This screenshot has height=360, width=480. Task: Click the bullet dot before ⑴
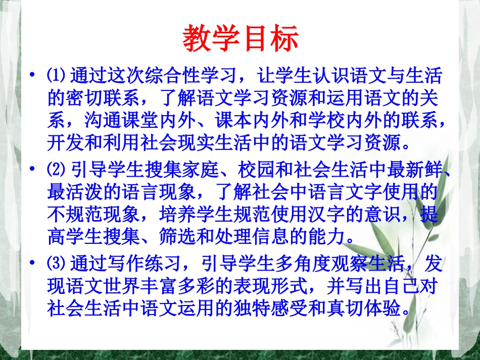32,77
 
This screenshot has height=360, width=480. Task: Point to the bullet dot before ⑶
32,264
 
